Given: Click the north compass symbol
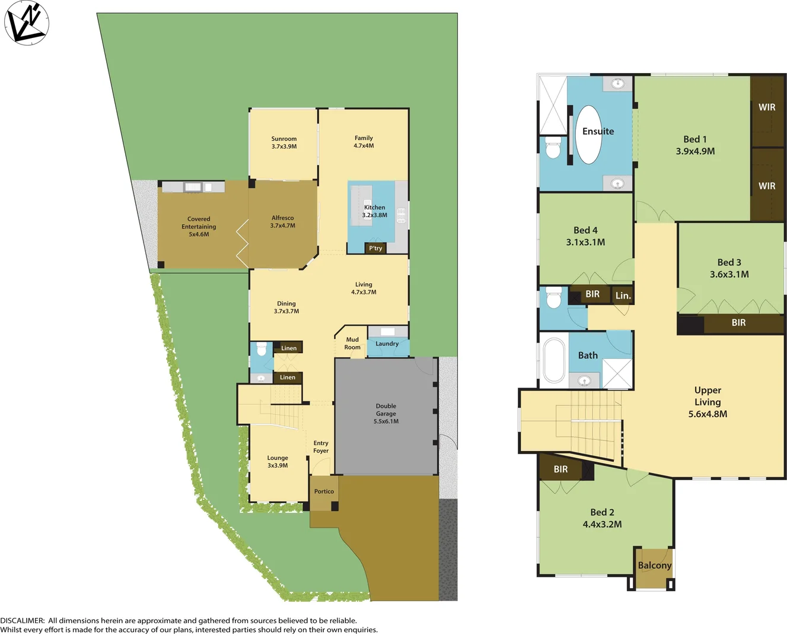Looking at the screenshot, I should click(26, 23).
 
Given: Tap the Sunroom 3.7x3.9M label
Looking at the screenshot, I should click(284, 142).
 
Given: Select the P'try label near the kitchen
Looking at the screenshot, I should click(375, 248).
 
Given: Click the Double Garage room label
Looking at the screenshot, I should click(386, 414).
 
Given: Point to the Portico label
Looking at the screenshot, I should click(324, 491).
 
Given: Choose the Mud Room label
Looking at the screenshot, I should click(352, 344).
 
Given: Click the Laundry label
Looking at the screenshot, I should click(387, 344).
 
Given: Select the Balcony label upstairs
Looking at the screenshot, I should click(654, 566).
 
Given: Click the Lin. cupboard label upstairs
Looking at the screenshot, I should click(623, 296).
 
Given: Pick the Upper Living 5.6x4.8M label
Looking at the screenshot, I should click(708, 402).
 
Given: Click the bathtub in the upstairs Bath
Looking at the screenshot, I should click(555, 360).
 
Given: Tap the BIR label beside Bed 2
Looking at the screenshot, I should click(560, 469).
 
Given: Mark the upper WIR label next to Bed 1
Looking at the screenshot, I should click(767, 107).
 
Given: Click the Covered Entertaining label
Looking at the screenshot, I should click(199, 227).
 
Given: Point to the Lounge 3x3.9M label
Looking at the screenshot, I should click(278, 462).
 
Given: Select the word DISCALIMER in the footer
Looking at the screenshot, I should click(22, 620).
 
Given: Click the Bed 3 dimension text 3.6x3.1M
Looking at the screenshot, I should click(729, 274).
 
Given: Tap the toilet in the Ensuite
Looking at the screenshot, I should click(553, 148).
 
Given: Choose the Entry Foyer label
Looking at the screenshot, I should click(321, 447).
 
